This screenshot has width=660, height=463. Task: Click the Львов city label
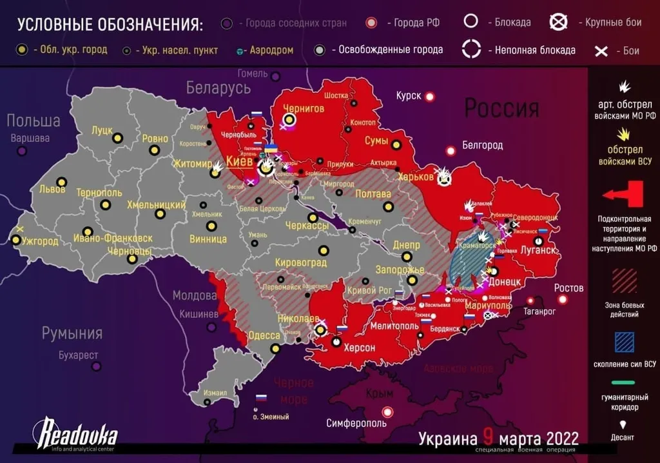pyautogui.click(x=52, y=190)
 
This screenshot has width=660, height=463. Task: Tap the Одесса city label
pyautogui.click(x=264, y=336)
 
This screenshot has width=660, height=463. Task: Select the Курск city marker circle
pyautogui.click(x=430, y=97)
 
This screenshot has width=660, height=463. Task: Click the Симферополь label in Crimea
pyautogui.click(x=356, y=424)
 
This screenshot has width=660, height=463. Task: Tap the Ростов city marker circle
pyautogui.click(x=563, y=300)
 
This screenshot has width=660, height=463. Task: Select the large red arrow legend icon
pyautogui.click(x=623, y=193)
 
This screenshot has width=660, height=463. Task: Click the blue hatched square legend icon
pyautogui.click(x=624, y=342)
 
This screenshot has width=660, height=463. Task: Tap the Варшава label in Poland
pyautogui.click(x=30, y=138)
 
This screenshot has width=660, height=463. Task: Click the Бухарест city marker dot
pyautogui.click(x=96, y=366)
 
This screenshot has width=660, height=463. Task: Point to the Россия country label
pyautogui.click(x=501, y=108)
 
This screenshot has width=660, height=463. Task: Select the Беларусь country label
pyautogui.click(x=218, y=88)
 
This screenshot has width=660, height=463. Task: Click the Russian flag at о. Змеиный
pyautogui.click(x=261, y=399)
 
